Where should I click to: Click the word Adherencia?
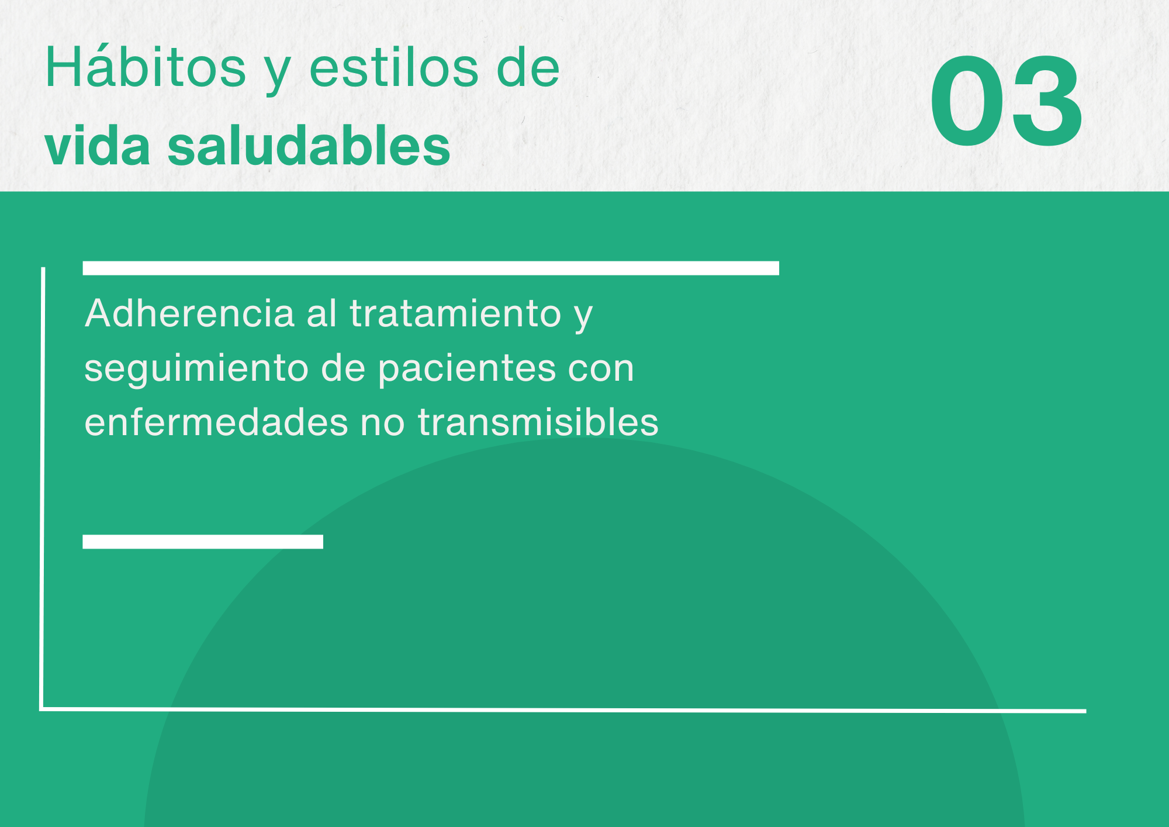pos(190,313)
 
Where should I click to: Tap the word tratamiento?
pos(455,313)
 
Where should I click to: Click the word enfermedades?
pos(216,422)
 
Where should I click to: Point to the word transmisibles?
pos(538,422)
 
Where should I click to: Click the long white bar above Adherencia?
pos(431,268)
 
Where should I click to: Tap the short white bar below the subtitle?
pos(203,542)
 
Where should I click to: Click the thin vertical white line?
pos(43,488)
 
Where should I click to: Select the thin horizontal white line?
pos(563,710)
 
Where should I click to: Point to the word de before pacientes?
pos(343,368)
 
